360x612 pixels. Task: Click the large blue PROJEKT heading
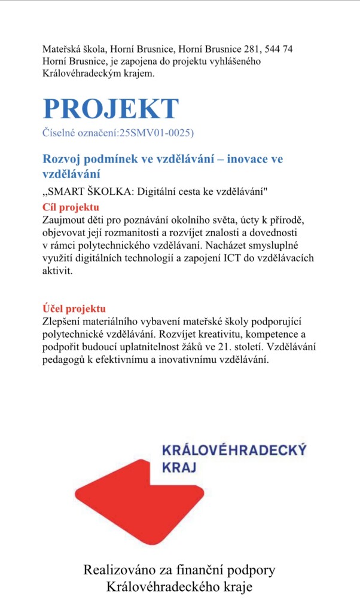point(111,108)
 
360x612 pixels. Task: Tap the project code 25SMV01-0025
point(155,132)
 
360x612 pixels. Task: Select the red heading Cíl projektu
point(71,207)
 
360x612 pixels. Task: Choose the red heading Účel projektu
point(74,308)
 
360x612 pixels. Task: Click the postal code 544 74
point(279,48)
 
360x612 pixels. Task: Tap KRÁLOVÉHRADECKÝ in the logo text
point(234,450)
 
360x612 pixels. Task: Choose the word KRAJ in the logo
point(179,467)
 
